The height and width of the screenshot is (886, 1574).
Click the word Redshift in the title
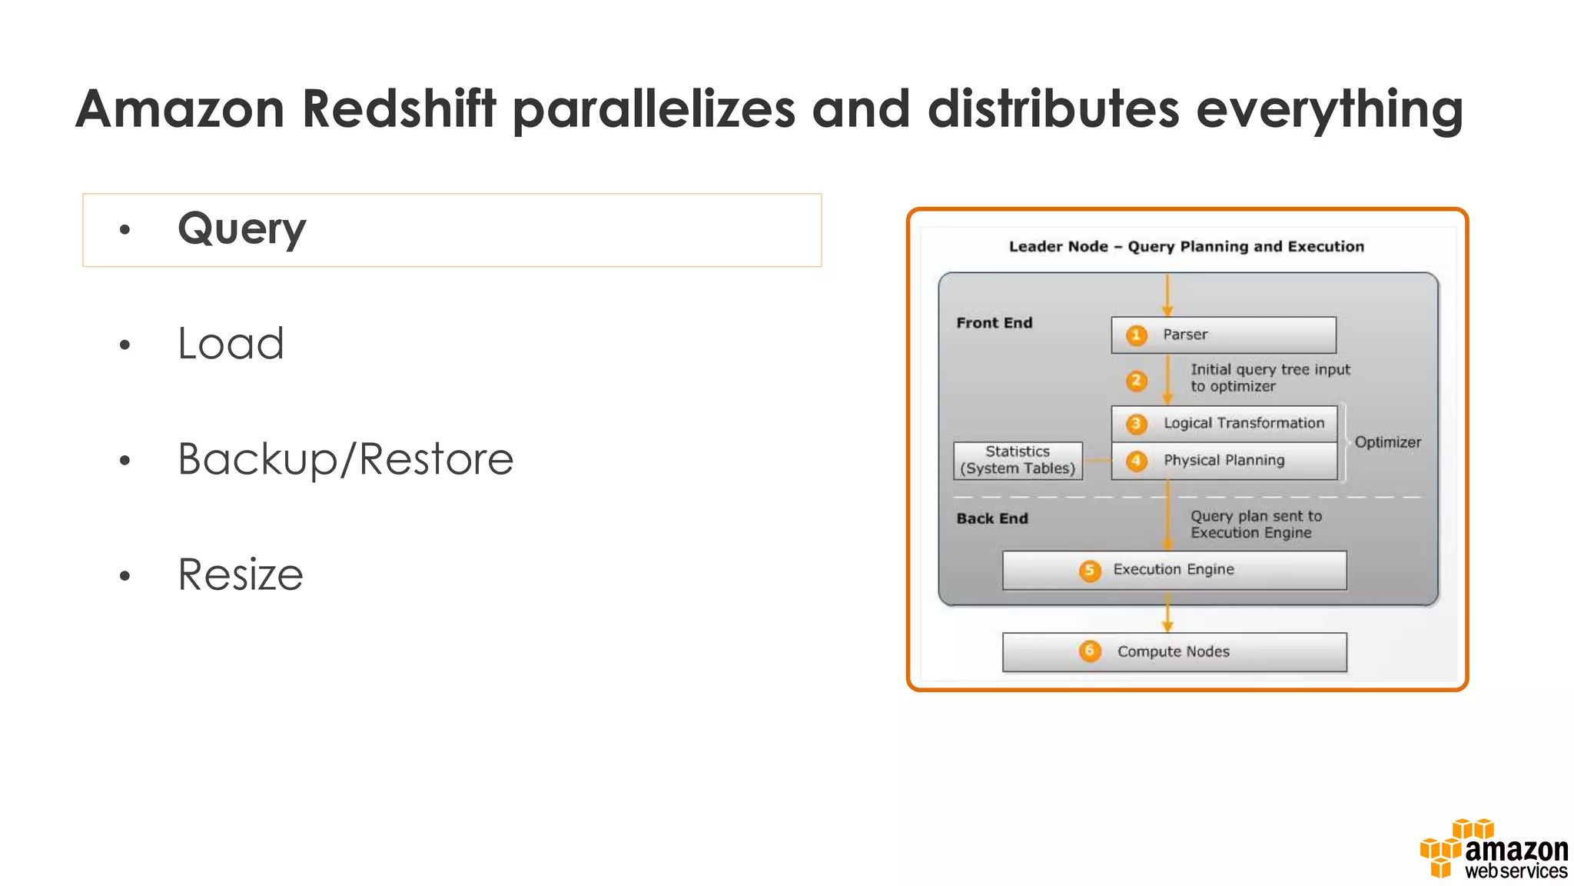[x=399, y=108]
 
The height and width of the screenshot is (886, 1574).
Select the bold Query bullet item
[x=241, y=229]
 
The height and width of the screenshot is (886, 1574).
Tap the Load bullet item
[x=231, y=343]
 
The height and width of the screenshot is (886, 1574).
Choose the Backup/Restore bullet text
[x=345, y=459]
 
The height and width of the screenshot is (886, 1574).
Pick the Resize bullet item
[x=241, y=575]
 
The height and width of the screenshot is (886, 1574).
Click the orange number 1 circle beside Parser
[x=1136, y=335]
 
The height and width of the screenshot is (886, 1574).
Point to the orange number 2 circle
[x=1136, y=381]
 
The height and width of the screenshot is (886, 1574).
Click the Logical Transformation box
[x=1224, y=424]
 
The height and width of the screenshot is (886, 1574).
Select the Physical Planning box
[x=1224, y=461]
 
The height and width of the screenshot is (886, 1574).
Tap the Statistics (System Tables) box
[x=1018, y=461]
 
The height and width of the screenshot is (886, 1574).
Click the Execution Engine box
[x=1174, y=570]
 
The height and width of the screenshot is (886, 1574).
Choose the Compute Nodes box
[x=1174, y=652]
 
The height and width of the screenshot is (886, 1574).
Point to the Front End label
[x=994, y=323]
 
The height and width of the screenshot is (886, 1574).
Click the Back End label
[x=991, y=518]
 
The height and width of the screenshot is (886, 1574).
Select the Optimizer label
[x=1387, y=442]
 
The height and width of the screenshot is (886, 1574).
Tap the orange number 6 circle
[x=1089, y=651]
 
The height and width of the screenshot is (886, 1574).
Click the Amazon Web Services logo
[x=1493, y=850]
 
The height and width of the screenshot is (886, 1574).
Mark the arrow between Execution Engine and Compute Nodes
[x=1167, y=617]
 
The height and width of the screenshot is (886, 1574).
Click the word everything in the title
[x=1329, y=108]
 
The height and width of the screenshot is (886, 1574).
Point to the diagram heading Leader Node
[x=1058, y=247]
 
